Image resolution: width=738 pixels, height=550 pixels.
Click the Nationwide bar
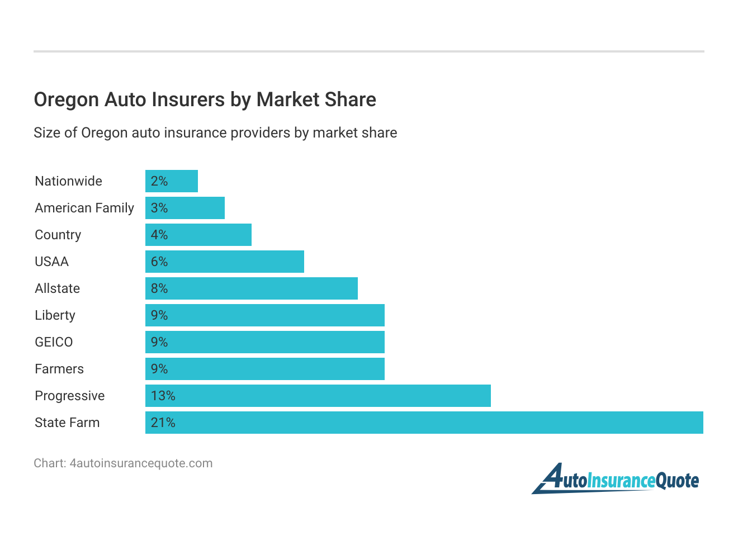pos(172,181)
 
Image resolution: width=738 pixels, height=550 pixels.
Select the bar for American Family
pos(185,208)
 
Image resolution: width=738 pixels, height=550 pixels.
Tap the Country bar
pos(198,235)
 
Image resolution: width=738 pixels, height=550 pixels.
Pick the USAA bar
pos(225,262)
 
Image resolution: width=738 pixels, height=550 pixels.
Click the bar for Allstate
pos(252,288)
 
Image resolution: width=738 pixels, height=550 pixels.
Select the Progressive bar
pos(318,396)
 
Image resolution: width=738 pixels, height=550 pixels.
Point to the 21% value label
pos(163,423)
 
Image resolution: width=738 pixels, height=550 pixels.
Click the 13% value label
pos(163,396)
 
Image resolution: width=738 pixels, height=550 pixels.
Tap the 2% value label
pos(159,181)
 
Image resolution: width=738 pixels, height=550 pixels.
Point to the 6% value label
pos(159,262)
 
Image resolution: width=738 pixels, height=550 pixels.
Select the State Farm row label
pos(67,423)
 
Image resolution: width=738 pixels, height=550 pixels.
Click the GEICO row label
pos(54,342)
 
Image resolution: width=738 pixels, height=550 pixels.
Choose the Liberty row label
pos(55,315)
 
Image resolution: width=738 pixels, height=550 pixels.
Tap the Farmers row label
pos(59,369)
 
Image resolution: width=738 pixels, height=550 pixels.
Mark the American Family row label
pos(84,208)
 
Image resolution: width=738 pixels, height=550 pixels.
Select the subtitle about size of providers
pos(215,133)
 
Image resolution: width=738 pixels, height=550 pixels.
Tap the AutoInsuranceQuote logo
pos(616,479)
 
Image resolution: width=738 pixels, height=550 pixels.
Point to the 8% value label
pos(159,288)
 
